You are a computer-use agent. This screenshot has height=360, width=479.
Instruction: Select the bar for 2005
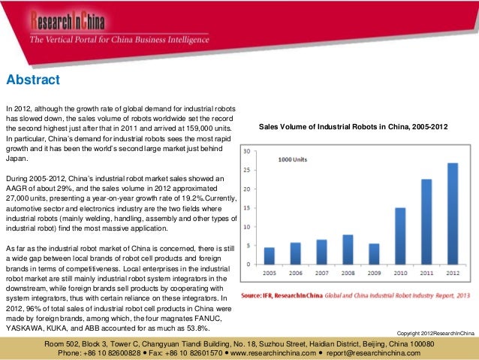click(269, 256)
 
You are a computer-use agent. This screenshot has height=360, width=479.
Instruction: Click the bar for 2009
click(374, 254)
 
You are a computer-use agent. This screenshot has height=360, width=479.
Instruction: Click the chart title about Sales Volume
click(353, 129)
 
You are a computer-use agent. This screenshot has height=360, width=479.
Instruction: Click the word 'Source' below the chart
click(253, 295)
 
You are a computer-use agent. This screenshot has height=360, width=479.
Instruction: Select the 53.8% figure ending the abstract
click(193, 328)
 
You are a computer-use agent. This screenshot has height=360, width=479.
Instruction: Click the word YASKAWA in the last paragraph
click(26, 328)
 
